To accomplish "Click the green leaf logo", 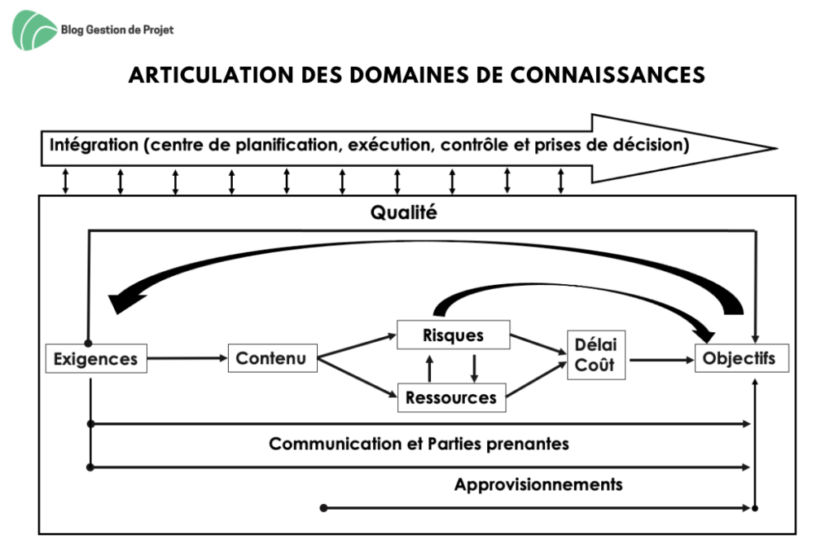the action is [33, 30].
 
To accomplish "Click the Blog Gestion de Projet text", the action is [117, 30].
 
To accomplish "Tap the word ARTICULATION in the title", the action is [211, 75].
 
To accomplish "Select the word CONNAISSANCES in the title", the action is [608, 75].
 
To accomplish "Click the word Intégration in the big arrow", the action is [94, 145].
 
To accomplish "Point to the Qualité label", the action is [404, 212].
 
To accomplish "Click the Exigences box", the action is [96, 359].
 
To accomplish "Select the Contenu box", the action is [272, 358].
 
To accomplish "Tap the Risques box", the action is [453, 335].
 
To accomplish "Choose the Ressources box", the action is [451, 397].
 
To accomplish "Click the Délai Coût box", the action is [596, 355].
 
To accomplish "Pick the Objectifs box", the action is [741, 358].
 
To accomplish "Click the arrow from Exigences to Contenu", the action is [188, 358].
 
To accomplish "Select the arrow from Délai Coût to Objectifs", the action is [661, 360].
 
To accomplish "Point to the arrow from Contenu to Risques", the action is [357, 345].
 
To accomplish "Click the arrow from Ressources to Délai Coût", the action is [536, 379].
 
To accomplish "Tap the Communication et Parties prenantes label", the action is [419, 444].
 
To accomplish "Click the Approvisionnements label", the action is [538, 484].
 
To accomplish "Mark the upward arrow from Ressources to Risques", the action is [430, 369].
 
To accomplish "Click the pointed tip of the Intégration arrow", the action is [777, 148].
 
